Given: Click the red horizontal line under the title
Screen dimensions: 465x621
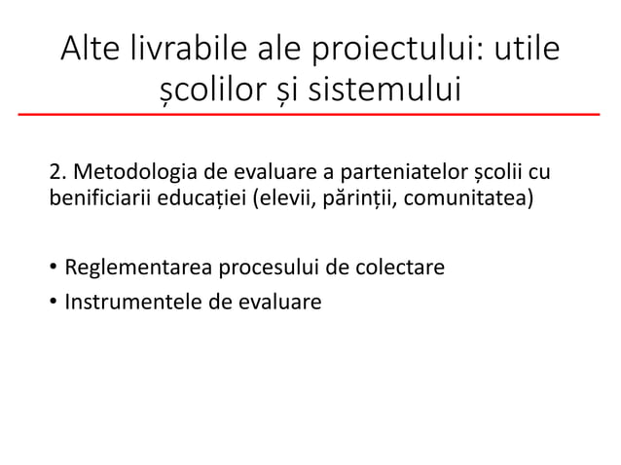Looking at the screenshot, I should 310,115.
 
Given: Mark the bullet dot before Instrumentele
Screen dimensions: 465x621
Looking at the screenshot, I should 54,302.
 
